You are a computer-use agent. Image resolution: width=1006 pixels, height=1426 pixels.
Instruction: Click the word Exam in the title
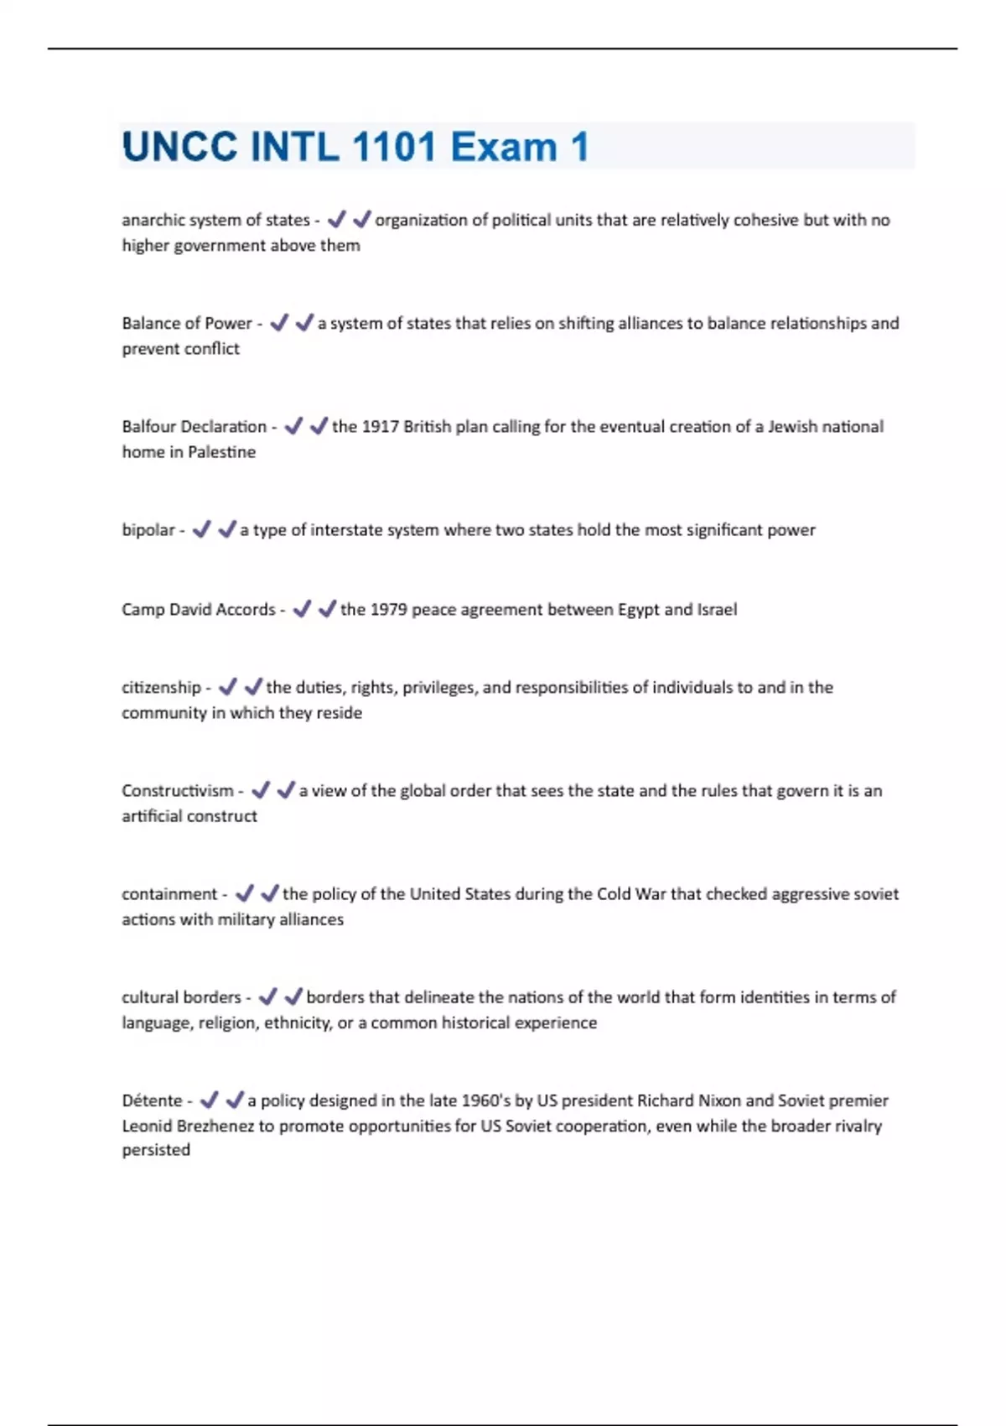503,147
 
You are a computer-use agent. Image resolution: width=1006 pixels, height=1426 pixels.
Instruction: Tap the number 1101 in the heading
394,147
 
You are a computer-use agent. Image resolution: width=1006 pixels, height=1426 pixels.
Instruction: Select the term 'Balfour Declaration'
194,426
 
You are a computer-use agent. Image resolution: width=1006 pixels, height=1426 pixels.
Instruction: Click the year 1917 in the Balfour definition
380,426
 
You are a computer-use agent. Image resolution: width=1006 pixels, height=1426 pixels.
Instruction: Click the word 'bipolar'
148,529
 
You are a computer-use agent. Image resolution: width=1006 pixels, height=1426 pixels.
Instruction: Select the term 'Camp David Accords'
199,609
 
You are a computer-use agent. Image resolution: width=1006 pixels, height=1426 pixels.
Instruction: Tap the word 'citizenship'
161,687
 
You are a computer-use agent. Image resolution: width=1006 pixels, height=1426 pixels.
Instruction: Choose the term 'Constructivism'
178,790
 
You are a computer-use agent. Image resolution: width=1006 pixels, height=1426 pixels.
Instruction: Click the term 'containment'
169,893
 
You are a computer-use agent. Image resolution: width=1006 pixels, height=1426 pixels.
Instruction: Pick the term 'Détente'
152,1100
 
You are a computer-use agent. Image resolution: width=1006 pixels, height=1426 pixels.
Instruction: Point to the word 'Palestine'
221,451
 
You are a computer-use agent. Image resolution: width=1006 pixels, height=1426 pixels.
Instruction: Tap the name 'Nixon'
719,1100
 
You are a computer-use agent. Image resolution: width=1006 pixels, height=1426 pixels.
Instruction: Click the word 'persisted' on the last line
156,1149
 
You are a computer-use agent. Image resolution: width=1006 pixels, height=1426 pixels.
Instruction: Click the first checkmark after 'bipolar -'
201,529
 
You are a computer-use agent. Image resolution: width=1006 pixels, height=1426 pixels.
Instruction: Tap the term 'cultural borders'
181,997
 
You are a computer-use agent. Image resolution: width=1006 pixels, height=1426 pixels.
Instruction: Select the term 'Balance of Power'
187,323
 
